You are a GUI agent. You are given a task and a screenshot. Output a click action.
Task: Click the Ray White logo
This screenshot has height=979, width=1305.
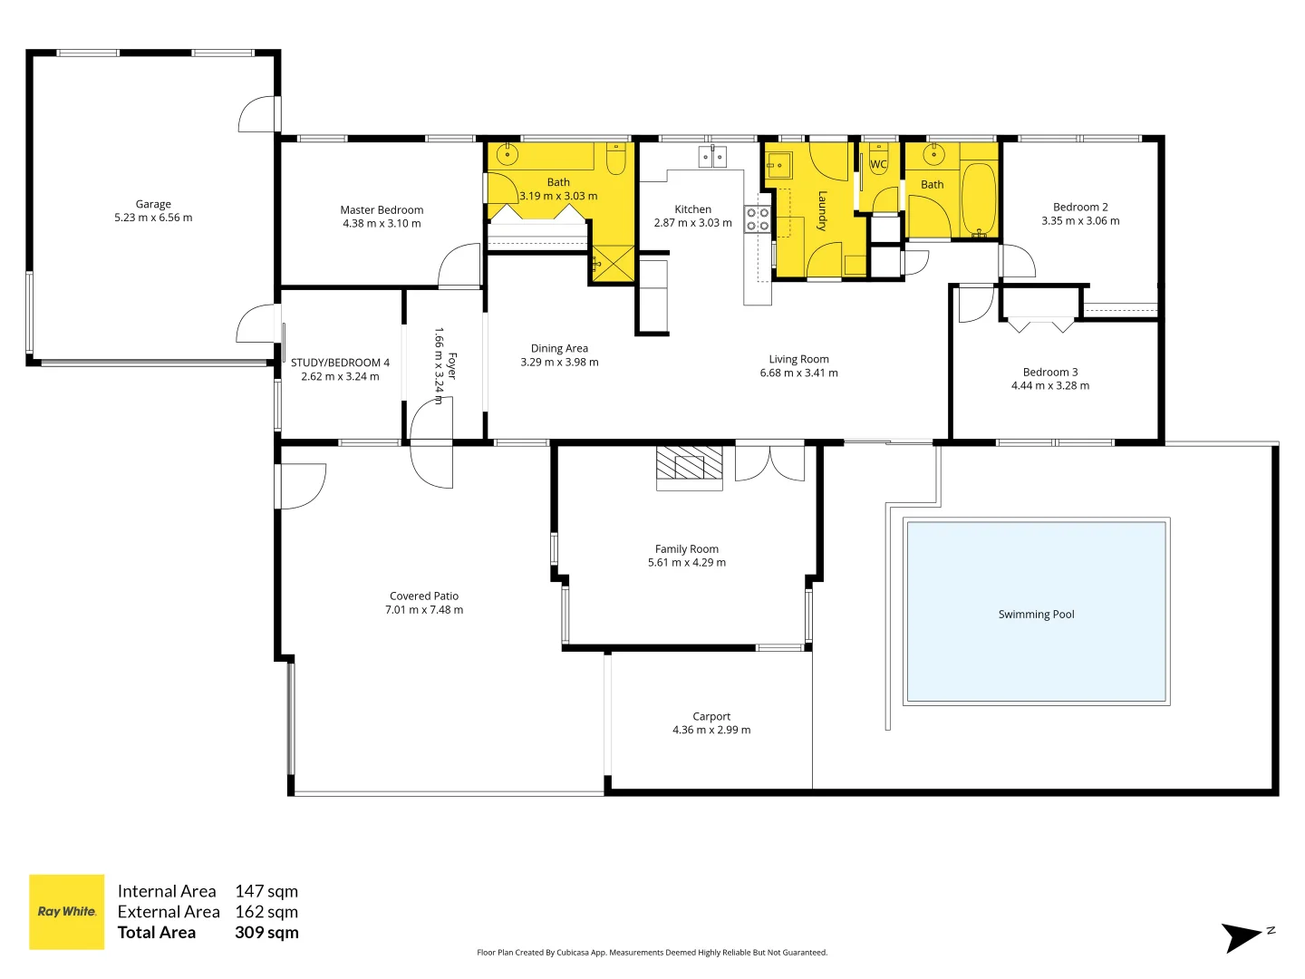point(67,912)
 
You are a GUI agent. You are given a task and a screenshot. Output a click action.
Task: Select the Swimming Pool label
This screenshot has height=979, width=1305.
point(1036,615)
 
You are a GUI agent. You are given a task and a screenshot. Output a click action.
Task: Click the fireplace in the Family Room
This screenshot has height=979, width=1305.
point(690,466)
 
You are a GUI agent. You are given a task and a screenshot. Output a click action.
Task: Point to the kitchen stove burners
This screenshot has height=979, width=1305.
point(758,219)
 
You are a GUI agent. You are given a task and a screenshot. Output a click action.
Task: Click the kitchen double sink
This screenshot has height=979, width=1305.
point(712,158)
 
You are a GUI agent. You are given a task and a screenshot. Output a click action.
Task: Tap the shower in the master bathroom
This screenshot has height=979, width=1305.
point(613,265)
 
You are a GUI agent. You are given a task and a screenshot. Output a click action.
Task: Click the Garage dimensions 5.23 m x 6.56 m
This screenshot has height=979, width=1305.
point(153,218)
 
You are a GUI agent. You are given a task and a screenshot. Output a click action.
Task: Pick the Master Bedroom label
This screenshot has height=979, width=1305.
point(382,209)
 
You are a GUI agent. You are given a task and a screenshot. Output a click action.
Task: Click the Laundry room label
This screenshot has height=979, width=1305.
point(822,210)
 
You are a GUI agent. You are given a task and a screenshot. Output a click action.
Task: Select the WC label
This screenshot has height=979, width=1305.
point(878,165)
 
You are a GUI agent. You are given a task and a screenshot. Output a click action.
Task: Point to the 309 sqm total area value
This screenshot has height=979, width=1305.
point(266,933)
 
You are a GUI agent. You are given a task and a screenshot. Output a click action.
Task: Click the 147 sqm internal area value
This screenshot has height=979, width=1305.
point(266,891)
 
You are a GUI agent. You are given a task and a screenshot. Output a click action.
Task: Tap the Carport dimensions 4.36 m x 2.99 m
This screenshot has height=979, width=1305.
point(711,730)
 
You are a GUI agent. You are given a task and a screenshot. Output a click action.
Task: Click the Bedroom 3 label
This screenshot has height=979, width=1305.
point(1050,372)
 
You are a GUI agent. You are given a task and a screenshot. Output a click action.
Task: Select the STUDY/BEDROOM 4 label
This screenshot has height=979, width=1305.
point(340,363)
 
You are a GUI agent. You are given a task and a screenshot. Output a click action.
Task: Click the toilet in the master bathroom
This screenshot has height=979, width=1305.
point(616,160)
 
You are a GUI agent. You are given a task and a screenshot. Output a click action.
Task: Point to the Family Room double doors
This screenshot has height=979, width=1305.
point(769,462)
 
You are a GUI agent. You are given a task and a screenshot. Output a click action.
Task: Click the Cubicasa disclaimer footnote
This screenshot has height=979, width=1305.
point(652,953)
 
